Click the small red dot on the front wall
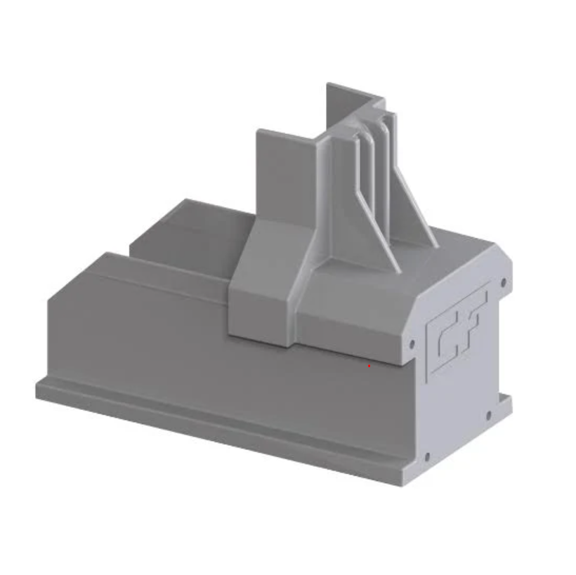(369, 365)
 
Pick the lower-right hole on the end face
(489, 415)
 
